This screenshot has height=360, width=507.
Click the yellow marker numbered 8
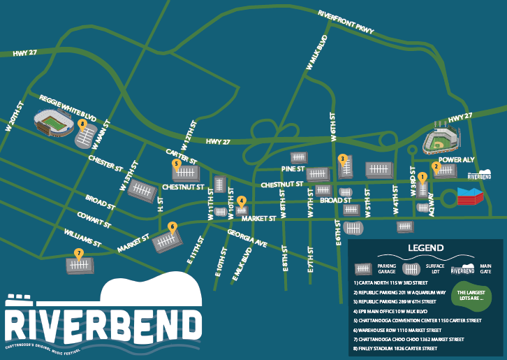82,124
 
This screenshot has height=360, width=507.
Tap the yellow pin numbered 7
79,253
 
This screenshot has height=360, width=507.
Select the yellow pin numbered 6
172,226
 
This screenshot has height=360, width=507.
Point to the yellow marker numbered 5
177,164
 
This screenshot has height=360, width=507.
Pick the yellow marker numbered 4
241,201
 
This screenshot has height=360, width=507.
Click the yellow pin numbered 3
342,159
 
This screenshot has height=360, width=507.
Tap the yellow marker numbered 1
422,177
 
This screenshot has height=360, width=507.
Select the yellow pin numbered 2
436,166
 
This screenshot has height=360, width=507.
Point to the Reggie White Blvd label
68,103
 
